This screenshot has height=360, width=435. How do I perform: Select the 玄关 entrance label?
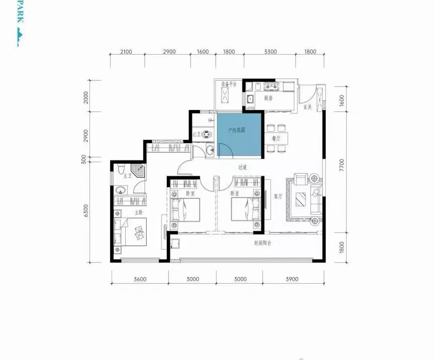tap(308, 107)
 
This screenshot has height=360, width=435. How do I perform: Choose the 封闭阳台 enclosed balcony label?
tap(262, 243)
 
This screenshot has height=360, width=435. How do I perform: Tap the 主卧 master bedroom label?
tap(139, 212)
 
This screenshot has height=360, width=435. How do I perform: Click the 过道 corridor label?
tap(242, 167)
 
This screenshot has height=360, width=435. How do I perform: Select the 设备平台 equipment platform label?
tap(228, 84)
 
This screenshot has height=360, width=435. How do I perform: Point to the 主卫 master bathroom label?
tap(128, 176)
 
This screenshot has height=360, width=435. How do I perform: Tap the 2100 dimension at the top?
tap(126, 52)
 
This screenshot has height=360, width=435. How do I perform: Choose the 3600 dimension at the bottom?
tap(139, 279)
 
